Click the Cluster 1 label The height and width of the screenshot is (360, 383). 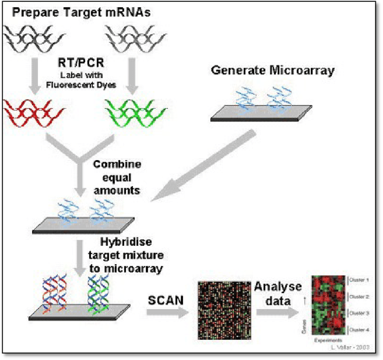point(359,280)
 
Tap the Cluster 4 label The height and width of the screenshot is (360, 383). point(359,330)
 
